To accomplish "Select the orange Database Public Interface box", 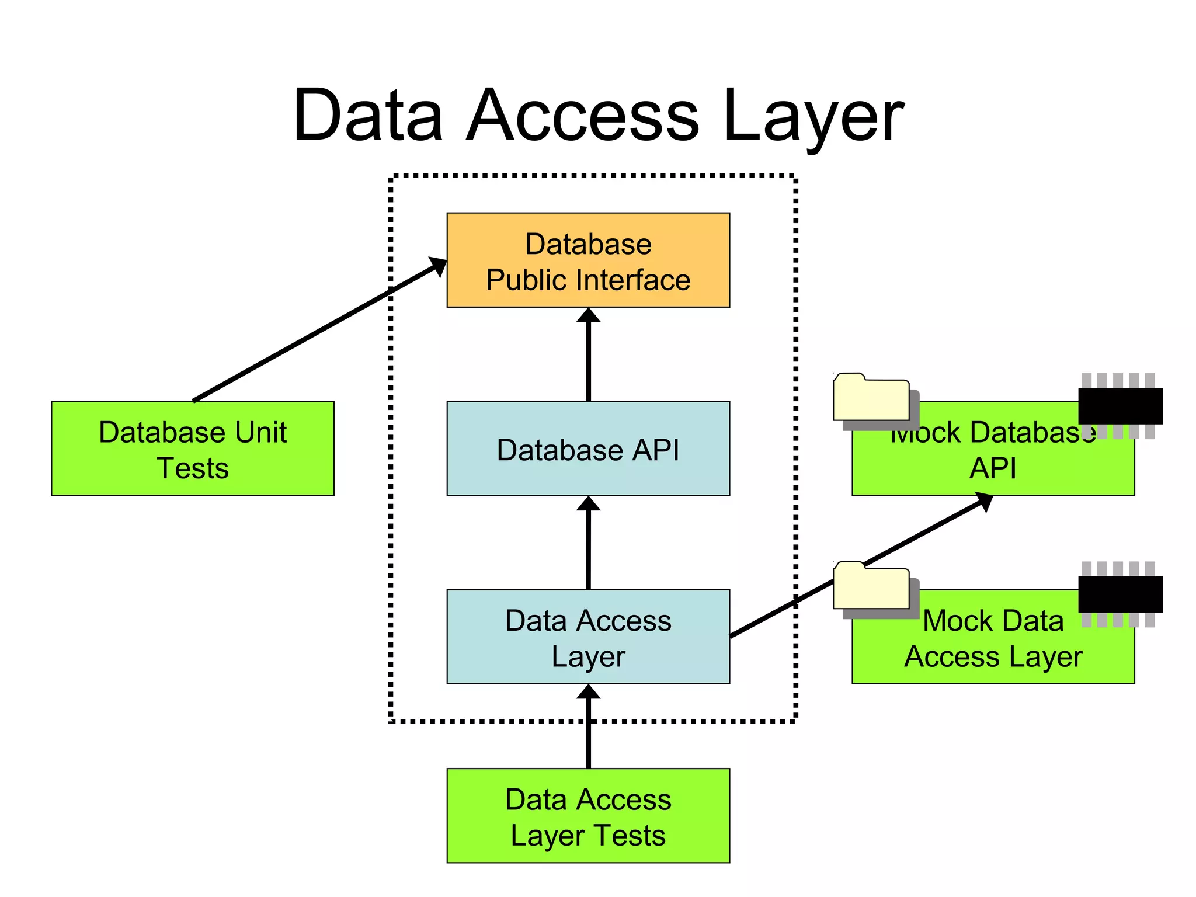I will click(588, 260).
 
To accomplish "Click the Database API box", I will click(588, 448).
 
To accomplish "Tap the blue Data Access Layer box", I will click(588, 637).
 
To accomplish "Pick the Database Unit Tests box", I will click(193, 448).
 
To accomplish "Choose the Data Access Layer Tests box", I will click(588, 815).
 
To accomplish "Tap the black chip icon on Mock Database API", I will click(1120, 405).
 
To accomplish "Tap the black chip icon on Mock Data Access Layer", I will click(1120, 594).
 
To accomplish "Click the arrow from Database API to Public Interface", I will click(588, 356).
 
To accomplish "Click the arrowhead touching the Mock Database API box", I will click(984, 502).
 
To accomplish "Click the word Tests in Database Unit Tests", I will click(193, 468).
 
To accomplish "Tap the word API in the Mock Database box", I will click(993, 468).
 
